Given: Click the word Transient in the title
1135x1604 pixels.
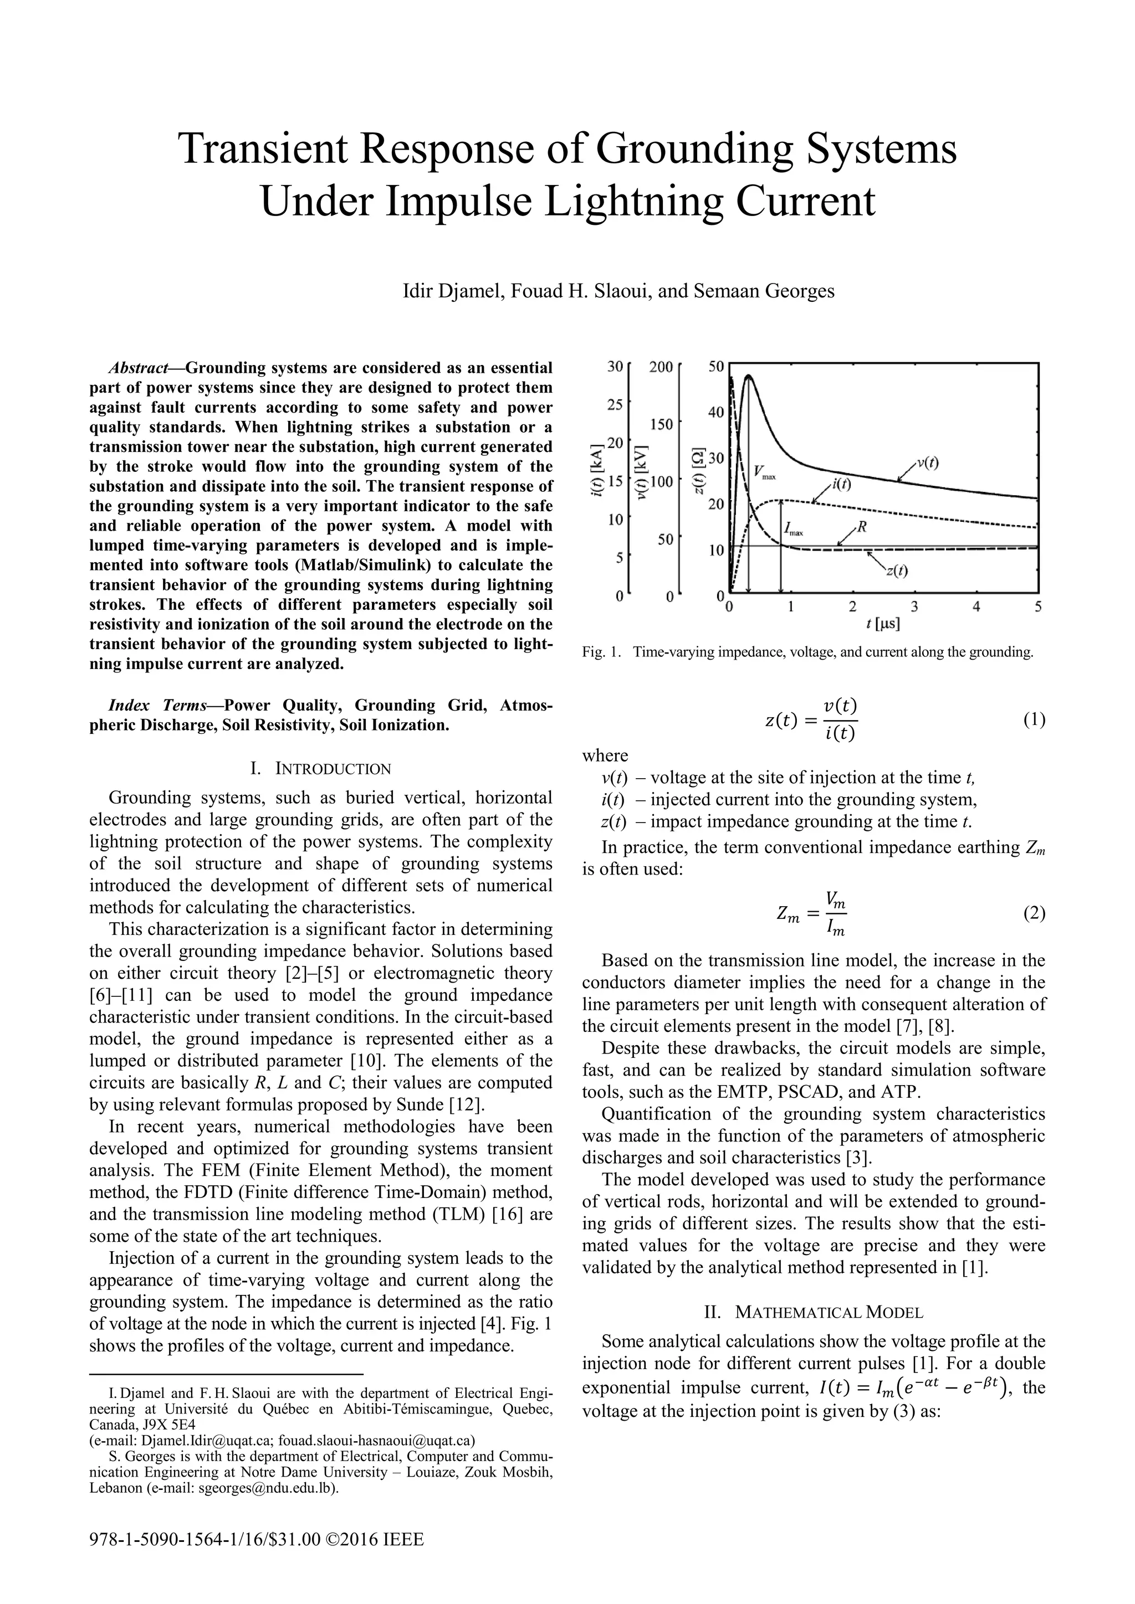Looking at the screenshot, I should (x=270, y=149).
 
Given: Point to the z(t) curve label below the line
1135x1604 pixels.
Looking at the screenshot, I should (x=897, y=571).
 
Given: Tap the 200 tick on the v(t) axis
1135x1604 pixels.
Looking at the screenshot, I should (x=661, y=367).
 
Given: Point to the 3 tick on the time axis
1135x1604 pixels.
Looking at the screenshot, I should (x=914, y=607).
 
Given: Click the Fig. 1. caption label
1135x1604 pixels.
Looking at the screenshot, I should (x=602, y=652).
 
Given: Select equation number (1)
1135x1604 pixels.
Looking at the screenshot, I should (x=1034, y=720).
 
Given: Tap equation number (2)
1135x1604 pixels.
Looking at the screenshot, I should (x=1034, y=914).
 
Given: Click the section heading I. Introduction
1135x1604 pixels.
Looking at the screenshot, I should (x=321, y=769).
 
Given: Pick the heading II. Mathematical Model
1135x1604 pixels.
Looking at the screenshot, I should (x=814, y=1312).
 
